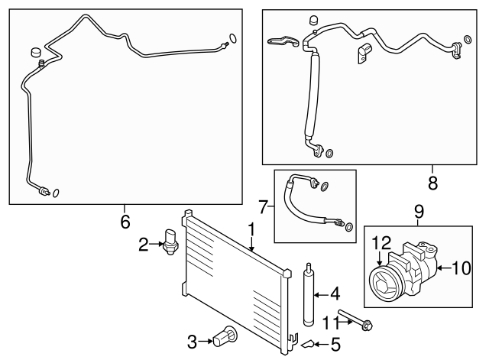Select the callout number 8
tap(432, 183)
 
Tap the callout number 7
tap(264, 206)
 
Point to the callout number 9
tap(419, 212)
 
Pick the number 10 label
tap(461, 268)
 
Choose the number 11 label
tap(330, 323)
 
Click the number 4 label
tap(335, 294)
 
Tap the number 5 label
tap(335, 345)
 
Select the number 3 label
tap(192, 342)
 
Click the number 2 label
tap(144, 245)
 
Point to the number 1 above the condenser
tap(251, 230)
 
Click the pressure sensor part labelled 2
tap(170, 242)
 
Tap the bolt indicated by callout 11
tap(355, 319)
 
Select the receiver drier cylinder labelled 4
tap(309, 295)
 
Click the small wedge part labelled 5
tap(307, 343)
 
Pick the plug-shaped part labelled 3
tap(225, 336)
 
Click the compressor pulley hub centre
tap(383, 285)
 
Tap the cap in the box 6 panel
tap(37, 52)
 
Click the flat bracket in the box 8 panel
tap(283, 41)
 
